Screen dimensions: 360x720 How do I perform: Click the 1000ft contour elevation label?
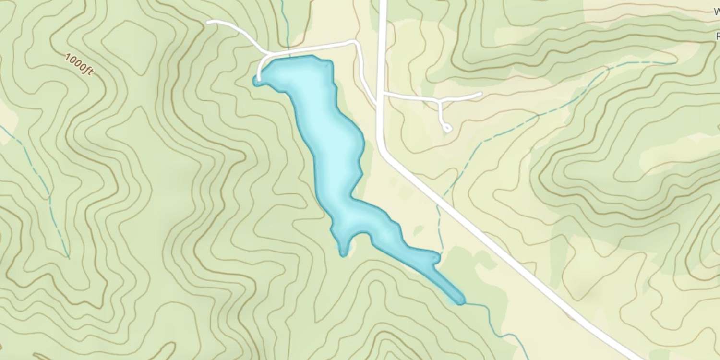(x=79, y=64)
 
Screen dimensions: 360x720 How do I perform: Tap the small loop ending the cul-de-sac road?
(x=447, y=128)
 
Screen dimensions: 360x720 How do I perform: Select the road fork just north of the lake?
(x=265, y=52)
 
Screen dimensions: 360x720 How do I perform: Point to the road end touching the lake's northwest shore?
(x=259, y=79)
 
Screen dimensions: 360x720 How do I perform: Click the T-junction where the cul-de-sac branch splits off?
(x=440, y=101)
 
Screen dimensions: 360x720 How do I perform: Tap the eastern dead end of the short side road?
(x=480, y=94)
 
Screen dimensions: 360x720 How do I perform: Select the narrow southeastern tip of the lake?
(x=461, y=301)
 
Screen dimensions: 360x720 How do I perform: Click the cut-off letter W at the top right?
(x=716, y=12)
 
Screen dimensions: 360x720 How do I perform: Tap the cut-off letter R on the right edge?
(x=718, y=36)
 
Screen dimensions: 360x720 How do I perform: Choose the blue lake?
(x=331, y=144)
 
